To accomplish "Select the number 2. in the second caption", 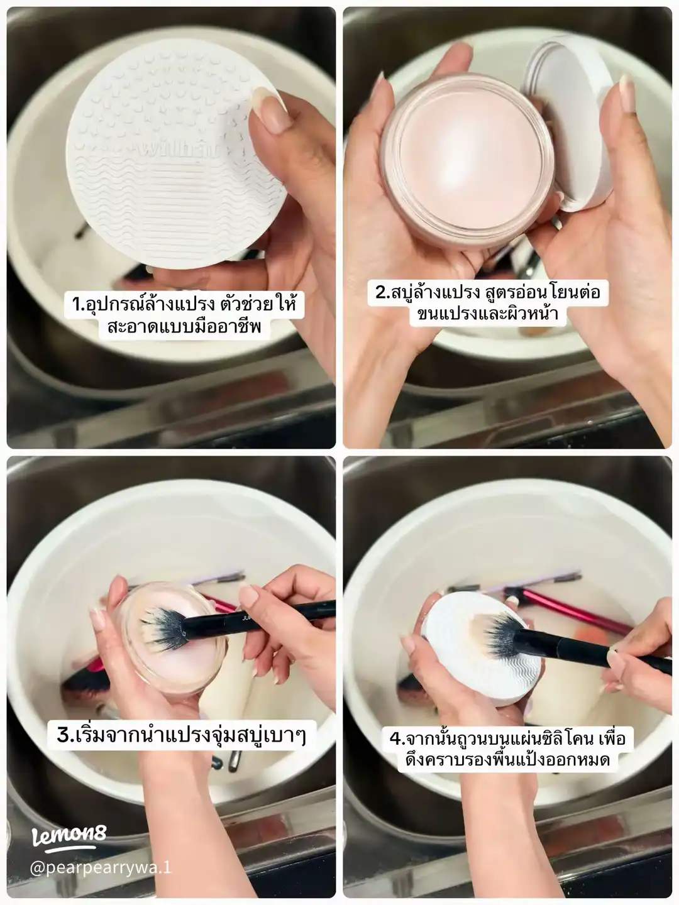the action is tap(384, 292).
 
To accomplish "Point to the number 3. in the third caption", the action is tap(66, 734).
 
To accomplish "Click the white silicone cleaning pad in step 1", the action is tap(177, 153).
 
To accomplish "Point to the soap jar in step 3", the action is tap(169, 643).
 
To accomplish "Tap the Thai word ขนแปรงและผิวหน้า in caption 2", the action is tap(488, 314).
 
